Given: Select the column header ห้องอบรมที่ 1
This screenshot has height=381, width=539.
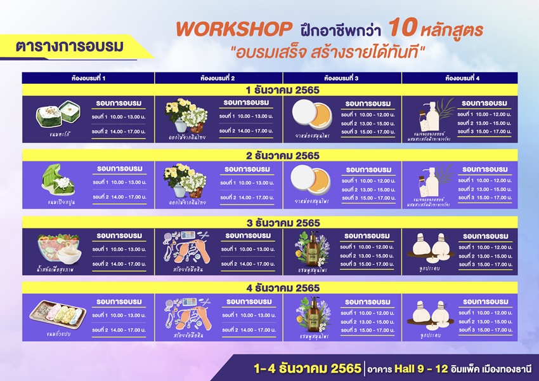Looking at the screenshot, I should [88, 77].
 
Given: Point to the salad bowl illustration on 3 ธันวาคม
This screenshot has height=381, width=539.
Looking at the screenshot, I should [58, 248].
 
